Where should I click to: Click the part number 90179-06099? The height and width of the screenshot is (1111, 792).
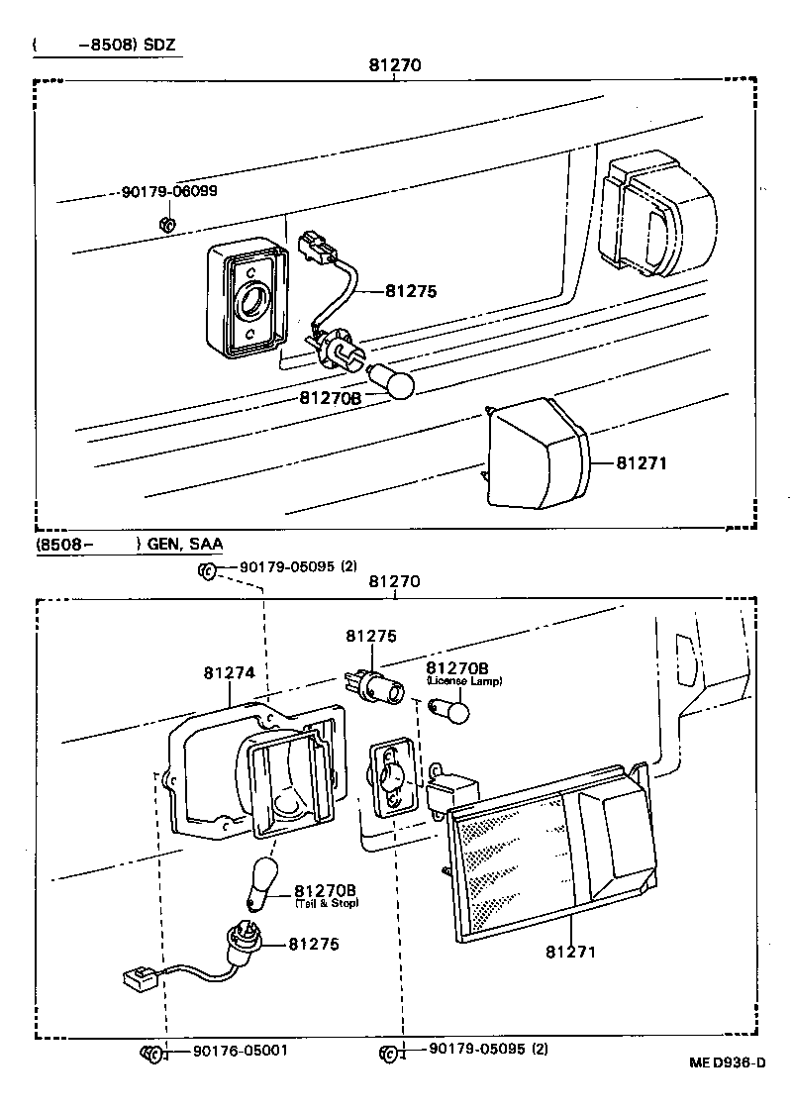(169, 191)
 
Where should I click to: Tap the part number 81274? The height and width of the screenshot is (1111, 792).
(230, 672)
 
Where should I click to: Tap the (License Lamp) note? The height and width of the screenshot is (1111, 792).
(464, 681)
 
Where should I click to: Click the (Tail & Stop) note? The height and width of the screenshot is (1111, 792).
(327, 902)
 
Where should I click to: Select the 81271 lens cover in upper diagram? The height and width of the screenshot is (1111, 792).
(540, 454)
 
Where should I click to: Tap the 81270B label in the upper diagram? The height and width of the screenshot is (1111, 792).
(330, 397)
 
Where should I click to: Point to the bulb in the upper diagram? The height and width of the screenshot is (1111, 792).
(391, 381)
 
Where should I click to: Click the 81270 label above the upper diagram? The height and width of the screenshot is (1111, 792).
(395, 65)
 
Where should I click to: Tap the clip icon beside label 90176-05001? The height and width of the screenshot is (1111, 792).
(152, 1051)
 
